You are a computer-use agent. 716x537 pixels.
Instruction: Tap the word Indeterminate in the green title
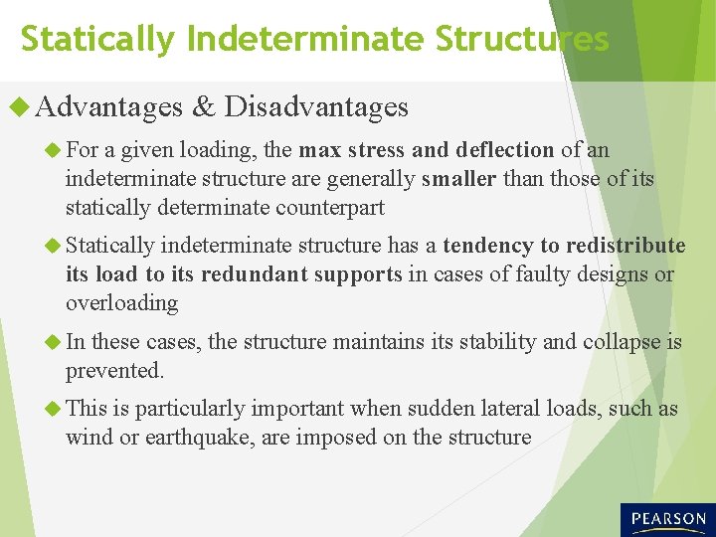pyautogui.click(x=306, y=39)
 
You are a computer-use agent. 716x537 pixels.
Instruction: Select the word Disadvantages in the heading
pyautogui.click(x=316, y=106)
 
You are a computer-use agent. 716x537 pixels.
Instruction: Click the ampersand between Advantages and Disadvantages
pyautogui.click(x=204, y=106)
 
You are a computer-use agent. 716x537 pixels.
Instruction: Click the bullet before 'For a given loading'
pyautogui.click(x=53, y=150)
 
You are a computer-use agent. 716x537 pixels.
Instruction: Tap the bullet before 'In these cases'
pyautogui.click(x=53, y=343)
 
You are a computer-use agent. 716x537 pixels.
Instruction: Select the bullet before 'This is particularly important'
pyautogui.click(x=53, y=409)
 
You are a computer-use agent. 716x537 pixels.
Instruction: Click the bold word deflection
pyautogui.click(x=504, y=150)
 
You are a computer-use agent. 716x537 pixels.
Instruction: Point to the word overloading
pyautogui.click(x=121, y=302)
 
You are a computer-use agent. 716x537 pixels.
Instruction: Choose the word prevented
pyautogui.click(x=114, y=371)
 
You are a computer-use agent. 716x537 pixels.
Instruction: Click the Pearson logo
pyautogui.click(x=667, y=519)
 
